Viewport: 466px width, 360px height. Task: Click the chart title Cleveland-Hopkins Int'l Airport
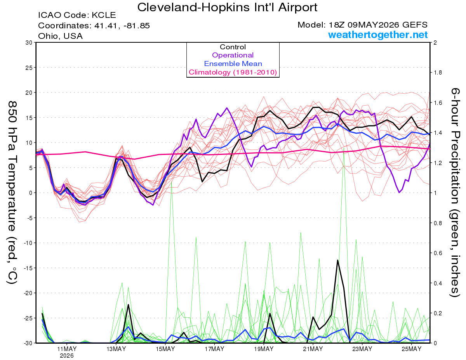(227, 7)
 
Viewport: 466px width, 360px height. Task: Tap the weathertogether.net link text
(378, 35)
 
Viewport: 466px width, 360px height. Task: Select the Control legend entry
(233, 47)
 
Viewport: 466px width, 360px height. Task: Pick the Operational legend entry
(233, 55)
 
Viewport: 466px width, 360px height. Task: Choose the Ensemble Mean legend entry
(233, 64)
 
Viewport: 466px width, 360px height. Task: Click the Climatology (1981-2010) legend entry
(233, 72)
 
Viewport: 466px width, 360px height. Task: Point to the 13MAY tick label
(116, 349)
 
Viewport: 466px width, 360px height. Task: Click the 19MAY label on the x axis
(264, 349)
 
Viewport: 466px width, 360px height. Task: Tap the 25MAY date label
(412, 349)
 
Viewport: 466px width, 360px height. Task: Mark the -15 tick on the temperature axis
(28, 268)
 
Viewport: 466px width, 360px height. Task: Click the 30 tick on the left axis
(29, 43)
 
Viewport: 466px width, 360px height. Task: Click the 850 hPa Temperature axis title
(12, 193)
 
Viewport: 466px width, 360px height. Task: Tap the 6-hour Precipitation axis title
(455, 193)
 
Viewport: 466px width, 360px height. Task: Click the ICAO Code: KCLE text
(77, 15)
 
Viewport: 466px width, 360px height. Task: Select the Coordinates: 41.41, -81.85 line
(94, 26)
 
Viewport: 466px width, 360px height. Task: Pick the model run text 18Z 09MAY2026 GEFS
(378, 25)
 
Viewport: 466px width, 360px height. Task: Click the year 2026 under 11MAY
(67, 356)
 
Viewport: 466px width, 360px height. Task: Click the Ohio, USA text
(61, 36)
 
